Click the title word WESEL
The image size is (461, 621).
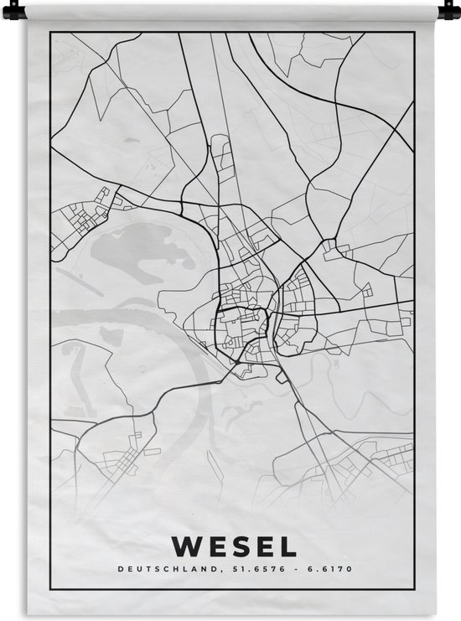coord(233,547)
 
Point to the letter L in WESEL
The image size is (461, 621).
coord(288,547)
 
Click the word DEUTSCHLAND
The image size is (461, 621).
coord(158,571)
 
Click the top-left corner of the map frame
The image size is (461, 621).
coord(50,33)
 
